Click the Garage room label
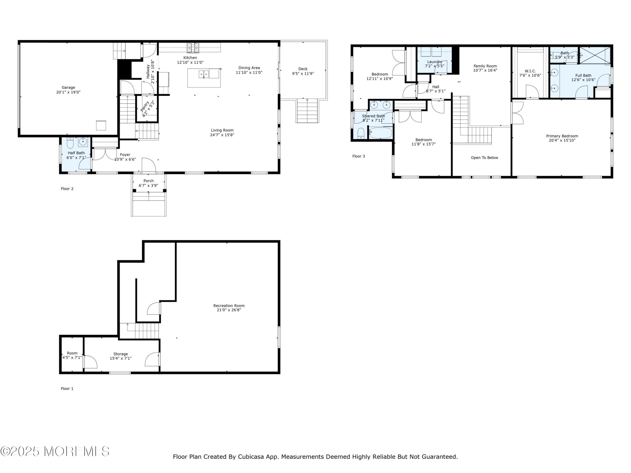[x=68, y=87]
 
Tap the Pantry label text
[x=145, y=106]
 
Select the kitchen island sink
[x=204, y=74]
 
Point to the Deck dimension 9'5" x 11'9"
[x=303, y=74]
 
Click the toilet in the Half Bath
[x=70, y=143]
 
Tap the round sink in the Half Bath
[x=83, y=142]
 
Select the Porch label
[x=148, y=181]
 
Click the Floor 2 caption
[x=67, y=189]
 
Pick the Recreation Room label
[x=229, y=306]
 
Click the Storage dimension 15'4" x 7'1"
[x=121, y=358]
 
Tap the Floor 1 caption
[x=67, y=389]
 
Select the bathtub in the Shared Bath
[x=381, y=133]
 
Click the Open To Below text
[x=484, y=158]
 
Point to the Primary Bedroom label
[x=562, y=136]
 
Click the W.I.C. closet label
[x=530, y=71]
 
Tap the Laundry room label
[x=435, y=62]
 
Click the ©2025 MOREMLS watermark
[x=55, y=451]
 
